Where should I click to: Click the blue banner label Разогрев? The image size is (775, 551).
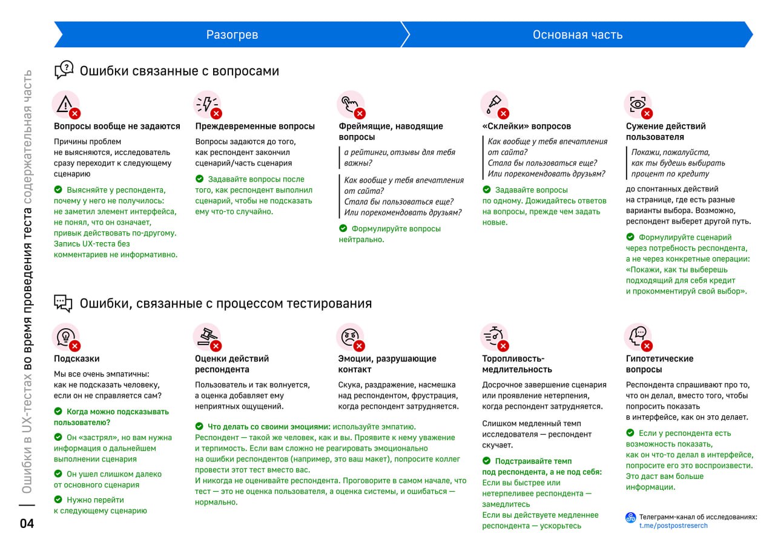[x=232, y=35]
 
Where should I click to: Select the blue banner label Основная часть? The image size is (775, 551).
[x=577, y=35]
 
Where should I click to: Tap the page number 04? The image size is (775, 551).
[x=27, y=524]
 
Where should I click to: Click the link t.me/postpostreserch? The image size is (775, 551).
[x=673, y=526]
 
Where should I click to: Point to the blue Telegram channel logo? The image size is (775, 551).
[x=630, y=518]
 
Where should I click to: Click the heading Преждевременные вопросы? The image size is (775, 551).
[x=255, y=126]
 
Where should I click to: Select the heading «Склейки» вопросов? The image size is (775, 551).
[x=526, y=126]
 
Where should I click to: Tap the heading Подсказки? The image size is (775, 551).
[x=77, y=358]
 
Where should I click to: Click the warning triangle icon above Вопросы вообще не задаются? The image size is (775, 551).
[x=64, y=104]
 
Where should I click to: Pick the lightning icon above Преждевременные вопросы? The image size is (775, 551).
[x=206, y=104]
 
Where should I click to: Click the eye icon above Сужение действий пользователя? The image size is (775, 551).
[x=637, y=104]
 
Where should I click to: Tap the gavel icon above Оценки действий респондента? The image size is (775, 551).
[x=206, y=335]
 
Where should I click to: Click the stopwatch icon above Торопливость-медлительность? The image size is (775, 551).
[x=493, y=335]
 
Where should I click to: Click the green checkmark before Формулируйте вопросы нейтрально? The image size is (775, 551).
[x=343, y=228]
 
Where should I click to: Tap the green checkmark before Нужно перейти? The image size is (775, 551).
[x=58, y=500]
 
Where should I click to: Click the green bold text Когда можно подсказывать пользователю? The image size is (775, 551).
[x=111, y=417]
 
